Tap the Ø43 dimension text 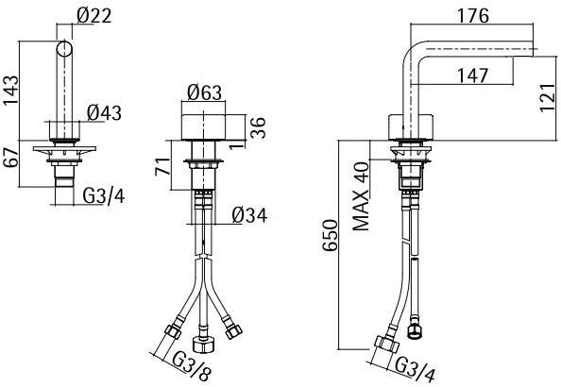[105, 112]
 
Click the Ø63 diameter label [204, 93]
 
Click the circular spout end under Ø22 [66, 49]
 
